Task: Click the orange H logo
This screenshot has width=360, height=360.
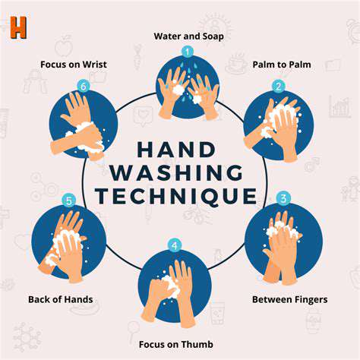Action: click(18, 27)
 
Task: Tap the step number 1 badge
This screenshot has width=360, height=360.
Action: click(188, 52)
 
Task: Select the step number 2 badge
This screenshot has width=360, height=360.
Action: click(279, 87)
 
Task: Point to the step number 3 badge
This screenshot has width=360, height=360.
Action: click(283, 198)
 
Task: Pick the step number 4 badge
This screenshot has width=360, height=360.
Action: click(175, 245)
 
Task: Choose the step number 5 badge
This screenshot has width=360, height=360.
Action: click(69, 201)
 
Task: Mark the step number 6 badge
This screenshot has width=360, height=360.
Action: click(84, 87)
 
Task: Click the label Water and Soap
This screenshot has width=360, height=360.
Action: click(188, 36)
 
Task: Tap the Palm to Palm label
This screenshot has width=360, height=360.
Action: click(282, 65)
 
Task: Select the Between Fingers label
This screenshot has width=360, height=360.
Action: click(290, 299)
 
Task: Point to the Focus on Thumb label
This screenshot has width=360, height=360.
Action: click(176, 344)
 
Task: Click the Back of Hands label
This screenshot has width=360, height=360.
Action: click(61, 299)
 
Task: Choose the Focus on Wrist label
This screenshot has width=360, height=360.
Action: click(74, 65)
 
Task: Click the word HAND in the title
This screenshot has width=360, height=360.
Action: click(176, 150)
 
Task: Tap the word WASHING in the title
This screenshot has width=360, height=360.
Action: click(176, 172)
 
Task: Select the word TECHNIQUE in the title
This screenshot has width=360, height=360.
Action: click(176, 196)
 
